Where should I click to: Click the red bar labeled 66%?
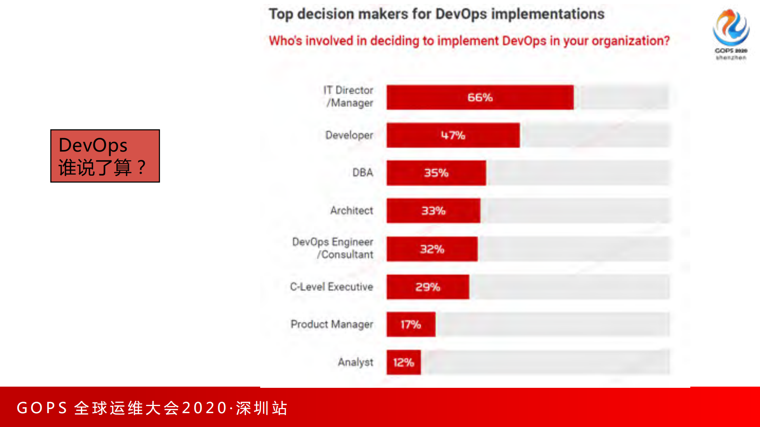point(480,97)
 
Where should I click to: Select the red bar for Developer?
point(453,135)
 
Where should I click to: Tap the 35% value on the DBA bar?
point(436,173)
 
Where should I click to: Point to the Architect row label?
point(352,211)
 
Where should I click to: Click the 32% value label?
point(432,249)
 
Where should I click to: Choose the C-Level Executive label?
point(331,287)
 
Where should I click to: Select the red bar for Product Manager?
point(411,325)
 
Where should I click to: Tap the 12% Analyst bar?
point(403,362)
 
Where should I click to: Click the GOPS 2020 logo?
point(731,34)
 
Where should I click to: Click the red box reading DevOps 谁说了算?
point(105,156)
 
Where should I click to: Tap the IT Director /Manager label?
point(349,97)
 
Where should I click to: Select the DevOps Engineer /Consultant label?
point(333,248)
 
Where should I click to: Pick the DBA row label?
point(362,173)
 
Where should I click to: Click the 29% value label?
point(427,287)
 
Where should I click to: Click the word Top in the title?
point(281,14)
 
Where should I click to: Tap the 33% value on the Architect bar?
point(433,211)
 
